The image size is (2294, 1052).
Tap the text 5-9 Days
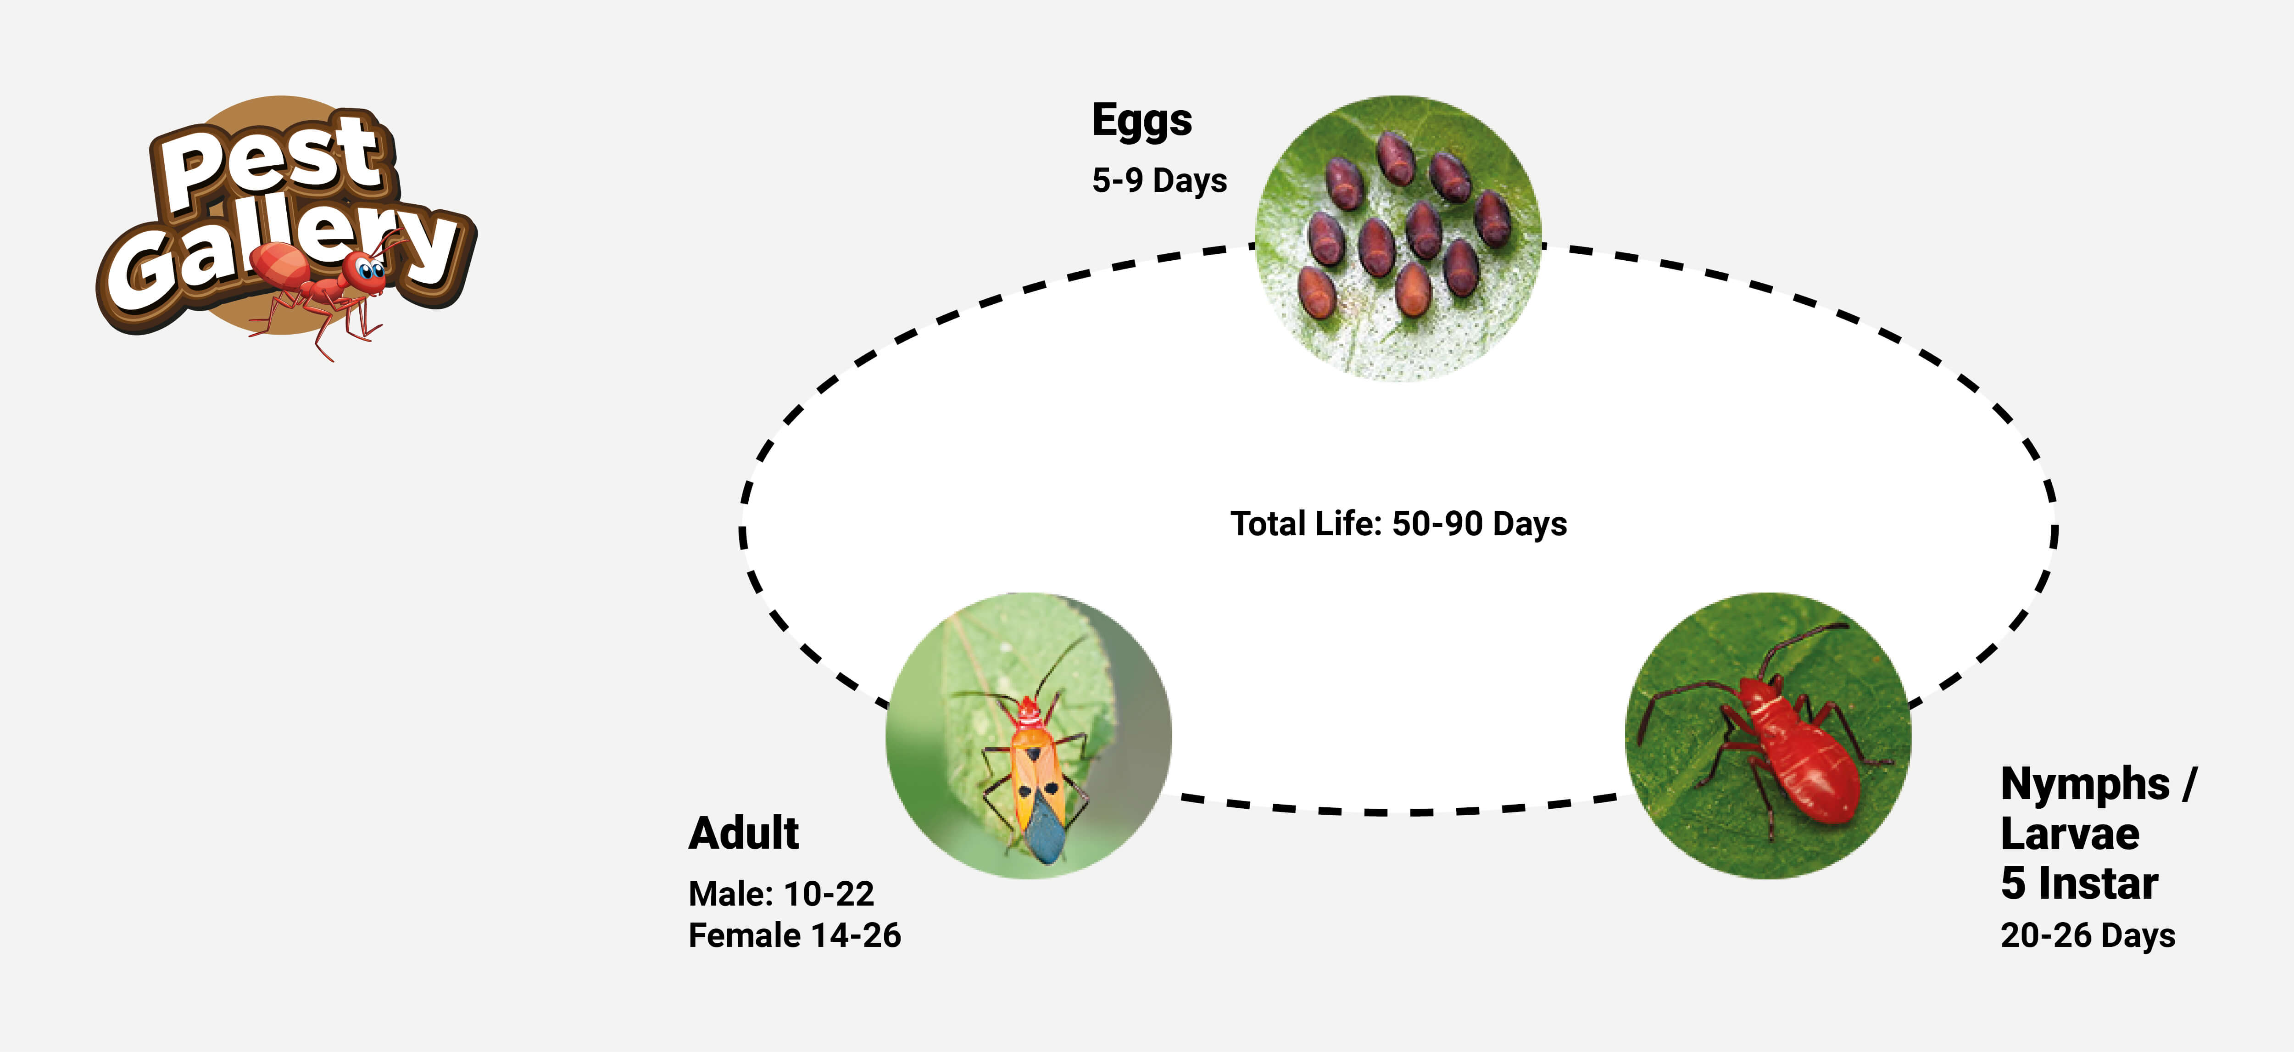point(1159,181)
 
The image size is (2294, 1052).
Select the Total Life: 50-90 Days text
point(1398,524)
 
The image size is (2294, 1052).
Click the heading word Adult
point(744,834)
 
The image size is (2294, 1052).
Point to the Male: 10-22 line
point(781,894)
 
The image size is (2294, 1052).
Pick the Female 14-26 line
point(794,935)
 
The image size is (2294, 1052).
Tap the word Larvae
point(2070,834)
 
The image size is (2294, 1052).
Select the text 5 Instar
point(2078,884)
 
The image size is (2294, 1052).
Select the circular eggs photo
point(1398,239)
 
